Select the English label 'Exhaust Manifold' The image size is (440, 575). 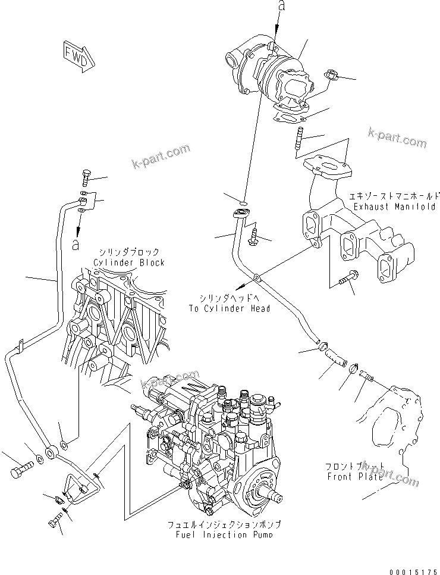point(394,207)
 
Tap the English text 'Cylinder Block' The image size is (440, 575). point(128,262)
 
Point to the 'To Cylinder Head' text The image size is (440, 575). point(229,308)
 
